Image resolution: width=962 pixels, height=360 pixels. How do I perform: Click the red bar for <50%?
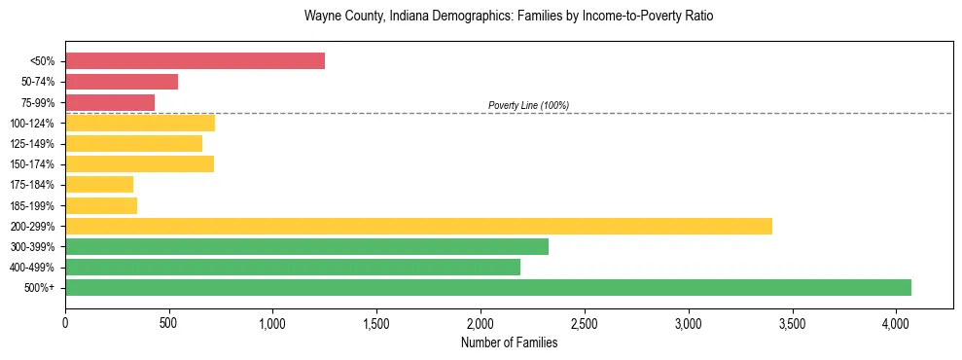click(195, 61)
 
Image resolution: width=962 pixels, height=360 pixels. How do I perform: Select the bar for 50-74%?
click(122, 82)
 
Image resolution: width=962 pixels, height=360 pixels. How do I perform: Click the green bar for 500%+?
click(488, 287)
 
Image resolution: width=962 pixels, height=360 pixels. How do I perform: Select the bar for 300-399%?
click(306, 246)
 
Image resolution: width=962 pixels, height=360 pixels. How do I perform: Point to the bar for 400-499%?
click(293, 267)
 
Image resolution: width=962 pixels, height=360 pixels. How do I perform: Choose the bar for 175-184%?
click(99, 184)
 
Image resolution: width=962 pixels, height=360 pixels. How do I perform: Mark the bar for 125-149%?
click(133, 143)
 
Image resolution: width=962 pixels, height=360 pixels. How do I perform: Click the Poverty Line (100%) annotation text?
click(528, 105)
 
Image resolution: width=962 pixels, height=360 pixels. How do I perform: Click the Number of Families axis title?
click(509, 342)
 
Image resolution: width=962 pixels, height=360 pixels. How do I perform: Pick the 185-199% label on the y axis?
click(32, 205)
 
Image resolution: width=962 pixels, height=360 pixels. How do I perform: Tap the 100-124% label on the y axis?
click(32, 123)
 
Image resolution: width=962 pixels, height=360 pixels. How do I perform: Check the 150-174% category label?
click(32, 164)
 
